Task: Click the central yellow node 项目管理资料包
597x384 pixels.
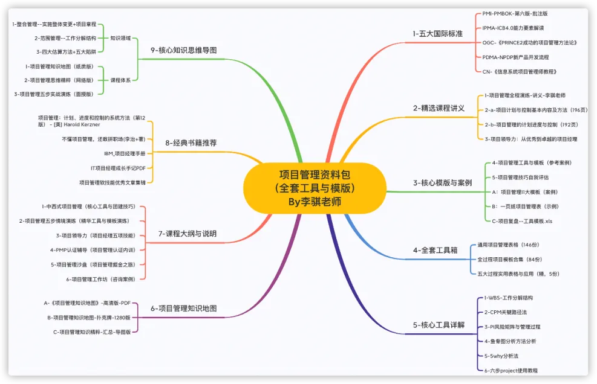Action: (x=315, y=188)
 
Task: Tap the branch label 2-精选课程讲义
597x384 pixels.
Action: (x=439, y=108)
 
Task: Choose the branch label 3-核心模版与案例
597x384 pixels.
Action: (x=442, y=182)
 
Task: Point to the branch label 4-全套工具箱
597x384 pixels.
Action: (x=434, y=249)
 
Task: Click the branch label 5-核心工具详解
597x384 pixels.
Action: (x=439, y=325)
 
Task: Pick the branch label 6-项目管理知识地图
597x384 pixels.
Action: (x=183, y=309)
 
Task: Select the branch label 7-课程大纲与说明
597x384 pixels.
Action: (x=187, y=233)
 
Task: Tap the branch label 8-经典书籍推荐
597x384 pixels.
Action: (x=191, y=143)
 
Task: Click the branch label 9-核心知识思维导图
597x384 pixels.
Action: (x=183, y=50)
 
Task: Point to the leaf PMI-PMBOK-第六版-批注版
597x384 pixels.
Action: (x=515, y=13)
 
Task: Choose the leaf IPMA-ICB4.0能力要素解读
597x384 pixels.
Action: (x=513, y=28)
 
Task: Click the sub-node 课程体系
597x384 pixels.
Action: (x=120, y=80)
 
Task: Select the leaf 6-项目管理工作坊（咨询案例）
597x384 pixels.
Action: (x=100, y=279)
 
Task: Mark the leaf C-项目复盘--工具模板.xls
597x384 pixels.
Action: (x=522, y=221)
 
